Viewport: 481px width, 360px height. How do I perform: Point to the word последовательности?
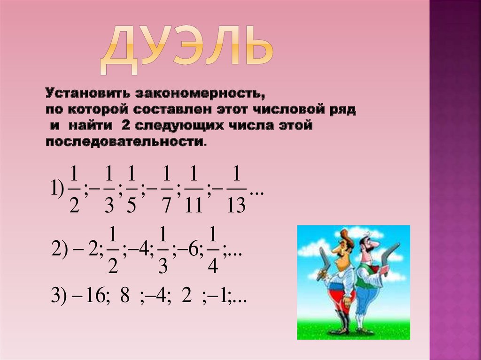[x=125, y=141]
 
